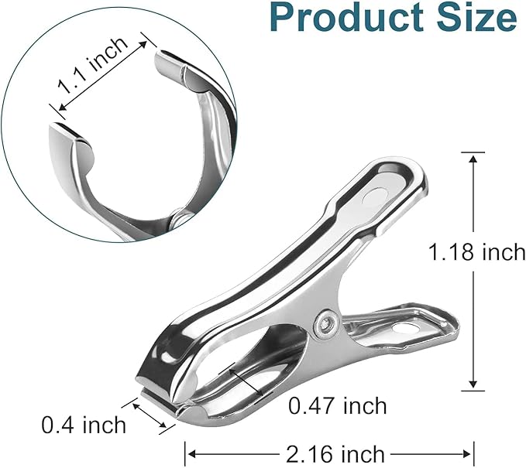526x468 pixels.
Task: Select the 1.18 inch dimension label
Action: click(478, 251)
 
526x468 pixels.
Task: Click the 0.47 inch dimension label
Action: click(337, 405)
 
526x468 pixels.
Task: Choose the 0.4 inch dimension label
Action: click(83, 424)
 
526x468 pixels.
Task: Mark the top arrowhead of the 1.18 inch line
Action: click(473, 155)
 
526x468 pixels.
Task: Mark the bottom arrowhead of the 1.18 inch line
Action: click(473, 387)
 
